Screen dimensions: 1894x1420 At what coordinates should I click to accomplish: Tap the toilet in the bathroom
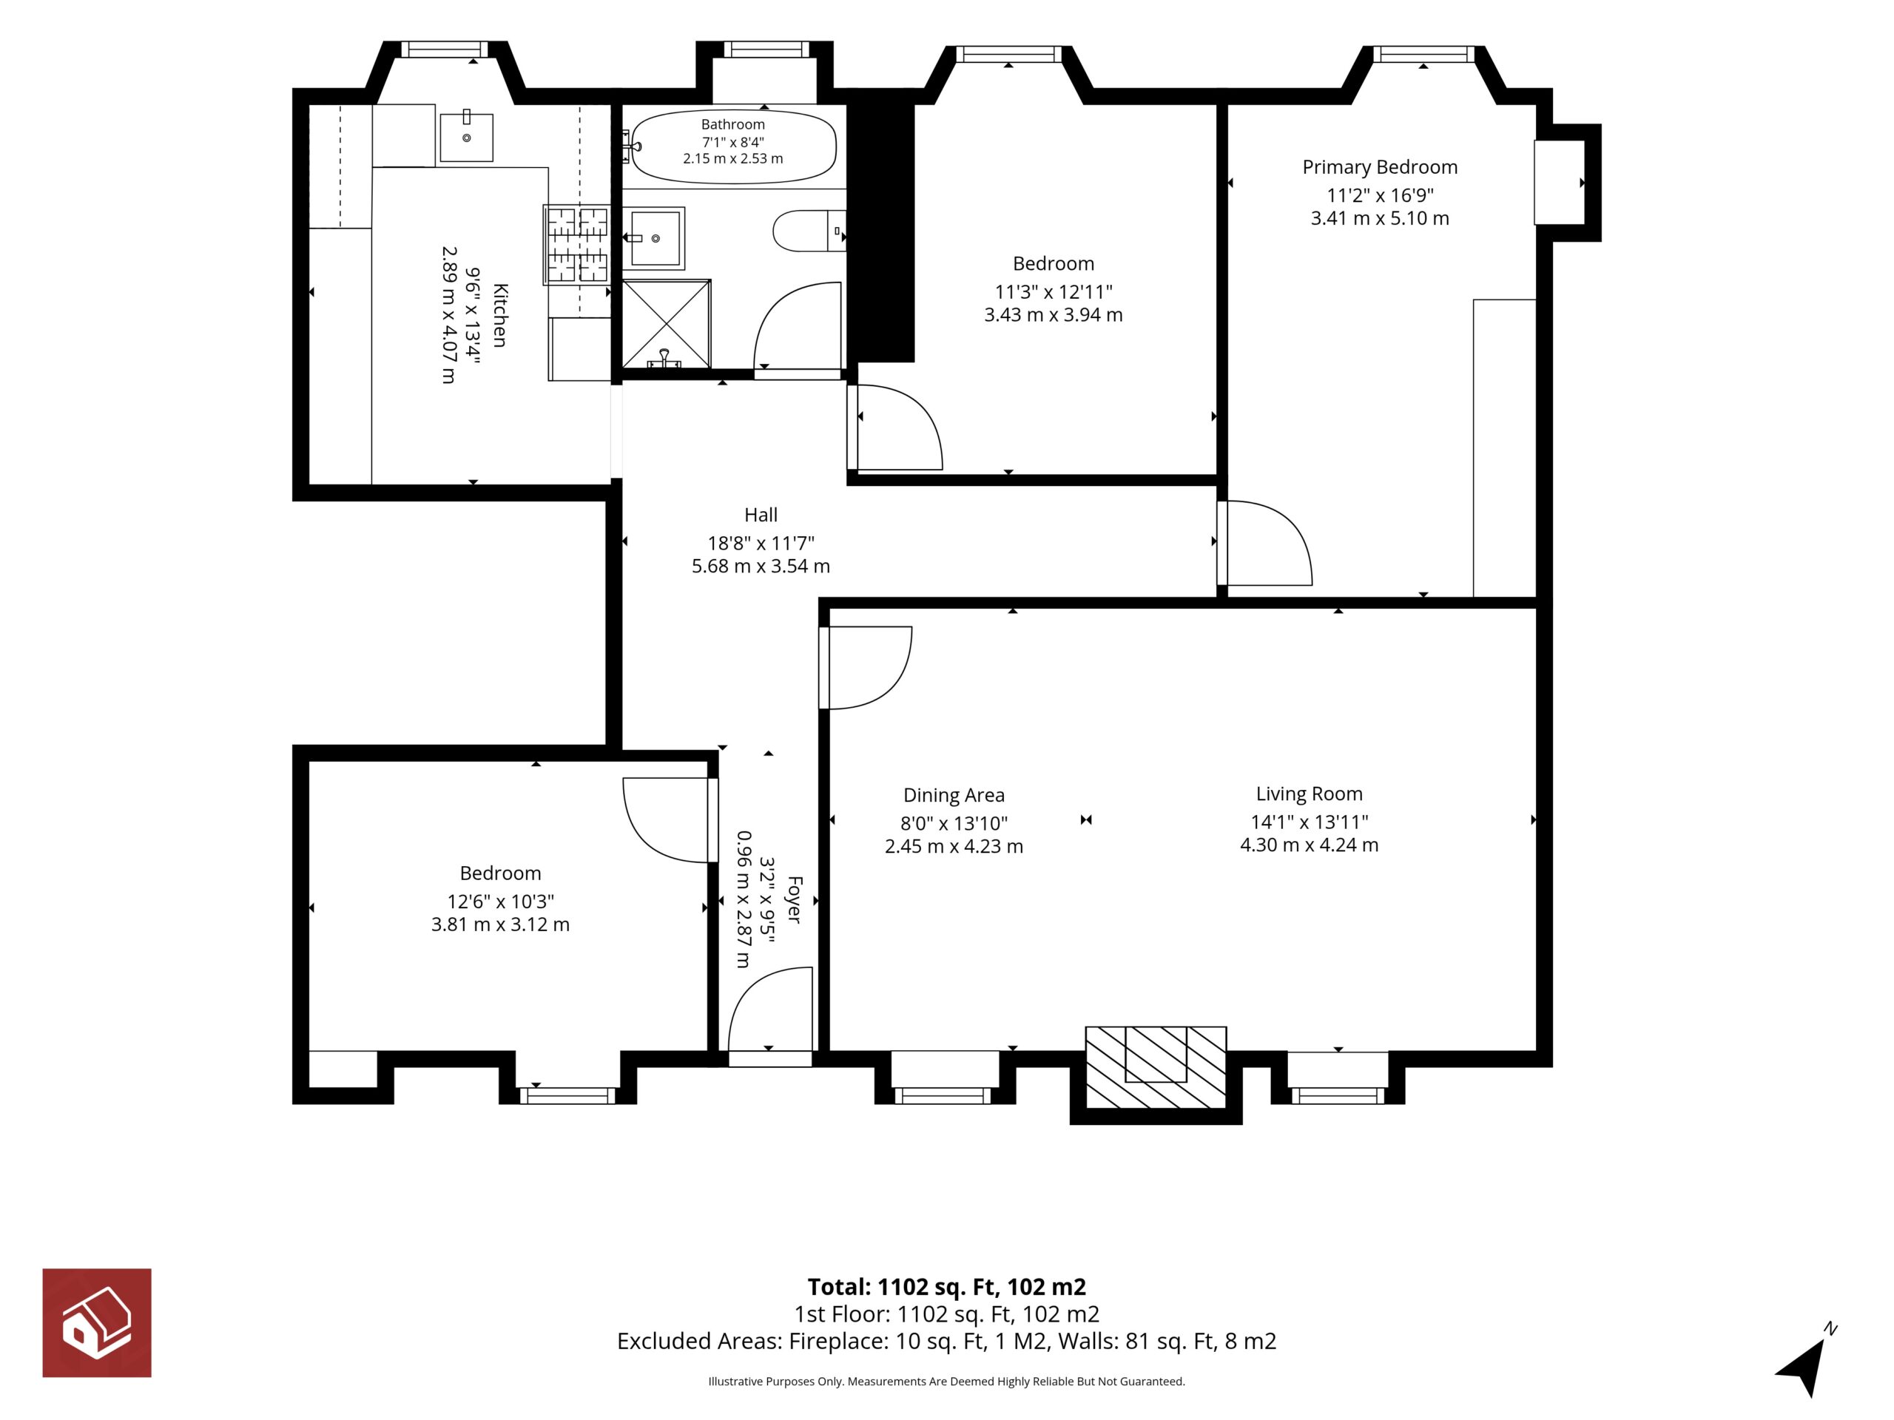pos(809,231)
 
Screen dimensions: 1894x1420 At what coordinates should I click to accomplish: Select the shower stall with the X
pos(666,323)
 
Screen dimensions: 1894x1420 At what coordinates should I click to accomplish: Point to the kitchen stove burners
pos(577,245)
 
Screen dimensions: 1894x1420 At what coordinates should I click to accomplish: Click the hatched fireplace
pos(1156,1067)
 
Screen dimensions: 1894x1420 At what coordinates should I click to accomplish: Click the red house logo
pos(97,1322)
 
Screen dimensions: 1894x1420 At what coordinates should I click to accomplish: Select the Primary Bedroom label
pos(1379,167)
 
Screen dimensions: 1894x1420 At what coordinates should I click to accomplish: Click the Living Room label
pos(1310,794)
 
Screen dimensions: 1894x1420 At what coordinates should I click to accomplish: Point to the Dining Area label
pos(954,795)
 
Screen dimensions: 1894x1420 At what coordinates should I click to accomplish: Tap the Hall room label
pos(761,515)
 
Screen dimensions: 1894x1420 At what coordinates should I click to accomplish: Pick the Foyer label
pos(794,899)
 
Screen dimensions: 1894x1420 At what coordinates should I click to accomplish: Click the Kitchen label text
pos(501,315)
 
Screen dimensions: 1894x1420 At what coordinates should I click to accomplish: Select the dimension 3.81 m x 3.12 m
pos(500,924)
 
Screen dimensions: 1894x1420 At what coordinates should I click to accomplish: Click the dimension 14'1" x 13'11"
pos(1310,822)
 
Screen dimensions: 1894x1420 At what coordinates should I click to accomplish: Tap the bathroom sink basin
pos(655,238)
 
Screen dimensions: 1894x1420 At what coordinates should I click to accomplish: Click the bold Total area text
pos(947,1288)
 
